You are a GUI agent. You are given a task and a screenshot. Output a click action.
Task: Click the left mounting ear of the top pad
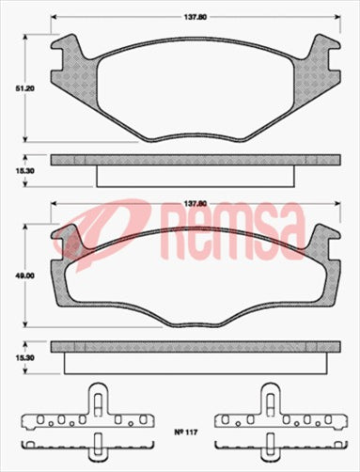pos(68,58)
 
